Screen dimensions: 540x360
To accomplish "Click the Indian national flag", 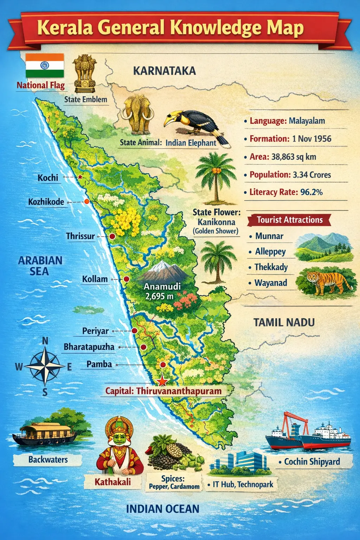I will pos(45,65).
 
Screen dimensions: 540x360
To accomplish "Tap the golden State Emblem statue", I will pos(84,72).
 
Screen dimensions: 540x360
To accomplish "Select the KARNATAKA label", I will pos(164,71).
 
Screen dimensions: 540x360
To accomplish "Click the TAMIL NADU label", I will pos(284,322).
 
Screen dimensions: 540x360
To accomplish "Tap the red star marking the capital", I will pos(162,381).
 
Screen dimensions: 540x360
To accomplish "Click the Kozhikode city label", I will pos(46,202).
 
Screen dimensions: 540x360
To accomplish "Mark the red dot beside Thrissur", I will pos(112,237).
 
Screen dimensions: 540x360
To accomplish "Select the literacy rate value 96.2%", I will pos(311,192).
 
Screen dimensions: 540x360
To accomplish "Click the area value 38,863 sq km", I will pos(294,157).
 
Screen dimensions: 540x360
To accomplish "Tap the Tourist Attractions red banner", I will pos(289,220).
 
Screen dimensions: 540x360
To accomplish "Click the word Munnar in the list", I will pos(269,236).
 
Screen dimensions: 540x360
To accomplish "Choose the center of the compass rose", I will pos(45,366).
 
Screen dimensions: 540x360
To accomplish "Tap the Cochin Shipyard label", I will pos(312,462).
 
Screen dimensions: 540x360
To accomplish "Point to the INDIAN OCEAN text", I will pos(162,509).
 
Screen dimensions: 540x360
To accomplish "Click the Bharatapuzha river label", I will pos(89,347).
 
